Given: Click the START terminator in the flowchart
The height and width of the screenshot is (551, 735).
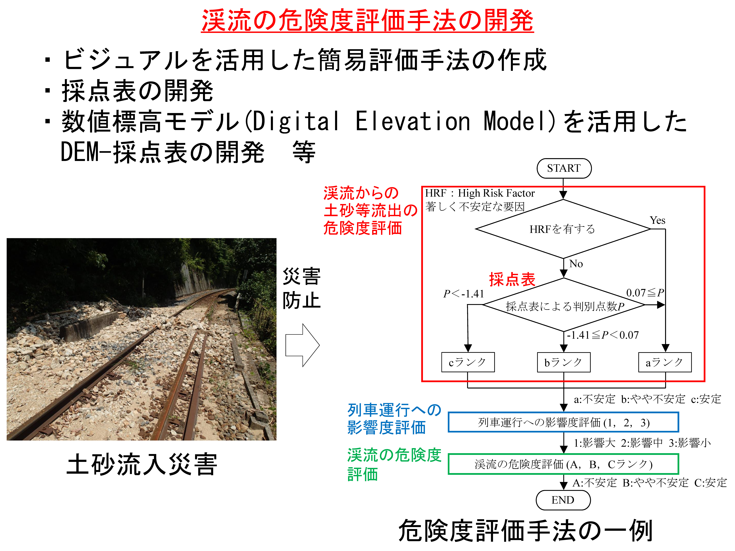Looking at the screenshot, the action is pyautogui.click(x=564, y=168).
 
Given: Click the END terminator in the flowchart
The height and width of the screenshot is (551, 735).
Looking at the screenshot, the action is pyautogui.click(x=563, y=500).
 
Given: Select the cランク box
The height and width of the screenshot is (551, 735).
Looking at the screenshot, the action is pyautogui.click(x=468, y=362).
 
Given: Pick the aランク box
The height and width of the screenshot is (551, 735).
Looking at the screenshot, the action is pyautogui.click(x=665, y=362).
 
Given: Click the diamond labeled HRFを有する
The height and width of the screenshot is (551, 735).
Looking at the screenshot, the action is pyautogui.click(x=563, y=229).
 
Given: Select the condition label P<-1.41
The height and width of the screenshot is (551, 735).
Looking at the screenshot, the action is pyautogui.click(x=464, y=294).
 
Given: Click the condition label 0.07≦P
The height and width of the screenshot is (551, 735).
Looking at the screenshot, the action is pyautogui.click(x=645, y=293).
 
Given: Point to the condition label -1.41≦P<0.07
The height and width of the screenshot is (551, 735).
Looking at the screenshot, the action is pyautogui.click(x=602, y=335).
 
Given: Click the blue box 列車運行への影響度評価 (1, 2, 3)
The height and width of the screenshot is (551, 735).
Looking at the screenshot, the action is pyautogui.click(x=563, y=422).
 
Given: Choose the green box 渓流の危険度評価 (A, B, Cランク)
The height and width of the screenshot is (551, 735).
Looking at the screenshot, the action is pyautogui.click(x=563, y=464).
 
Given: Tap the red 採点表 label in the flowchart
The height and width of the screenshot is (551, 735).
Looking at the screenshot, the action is pyautogui.click(x=512, y=279).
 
